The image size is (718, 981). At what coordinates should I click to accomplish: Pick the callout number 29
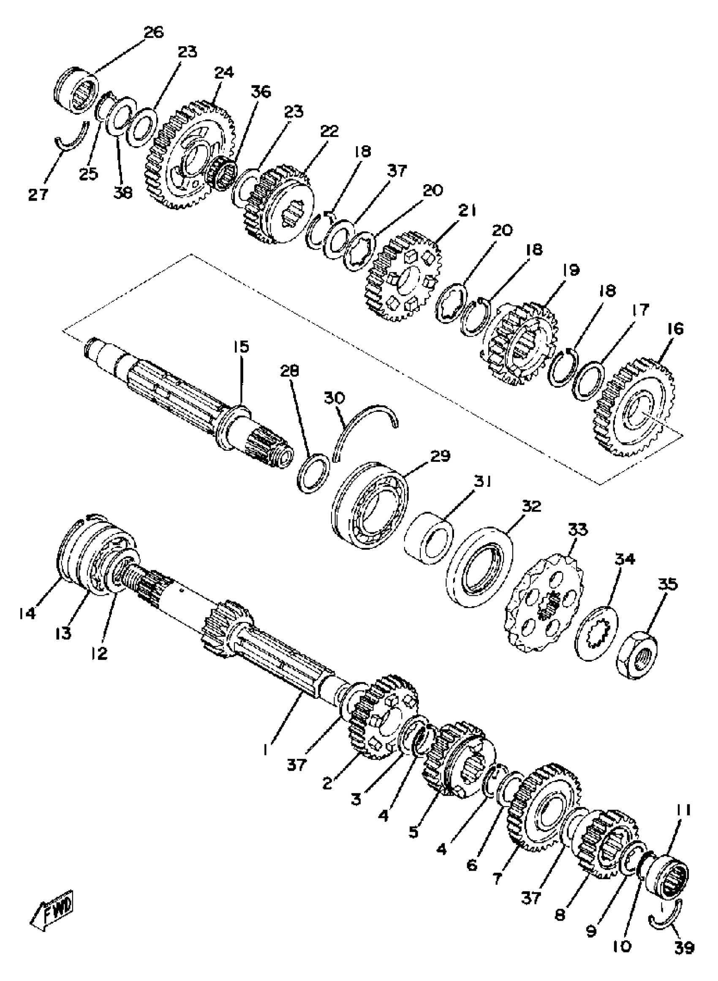440,456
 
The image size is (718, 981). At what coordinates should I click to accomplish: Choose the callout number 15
242,348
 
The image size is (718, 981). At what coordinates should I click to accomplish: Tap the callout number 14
27,613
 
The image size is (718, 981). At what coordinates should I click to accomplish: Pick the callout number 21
466,212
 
